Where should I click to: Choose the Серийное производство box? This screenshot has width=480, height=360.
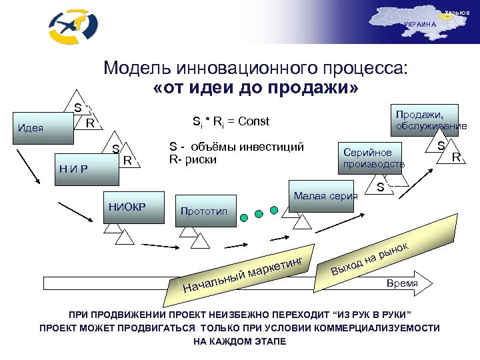click(373, 157)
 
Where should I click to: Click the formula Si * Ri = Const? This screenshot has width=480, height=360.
click(231, 121)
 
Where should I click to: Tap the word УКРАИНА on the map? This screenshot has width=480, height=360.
click(419, 24)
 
